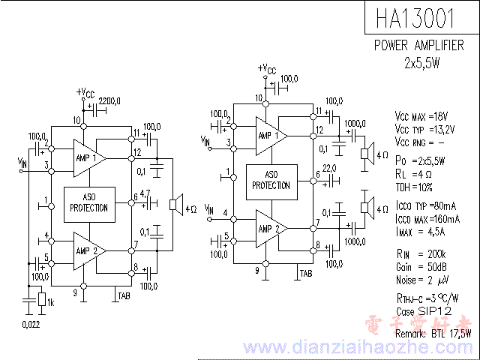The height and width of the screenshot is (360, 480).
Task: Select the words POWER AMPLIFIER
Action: pyautogui.click(x=418, y=46)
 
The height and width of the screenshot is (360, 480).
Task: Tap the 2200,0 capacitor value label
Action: pyautogui.click(x=109, y=100)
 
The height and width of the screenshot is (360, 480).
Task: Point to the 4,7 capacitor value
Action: pyautogui.click(x=145, y=193)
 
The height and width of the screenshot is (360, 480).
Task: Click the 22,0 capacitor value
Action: pyautogui.click(x=328, y=167)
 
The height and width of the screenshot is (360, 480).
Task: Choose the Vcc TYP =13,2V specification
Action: pyautogui.click(x=424, y=130)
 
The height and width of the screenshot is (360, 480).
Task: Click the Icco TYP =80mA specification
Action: pyautogui.click(x=424, y=205)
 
